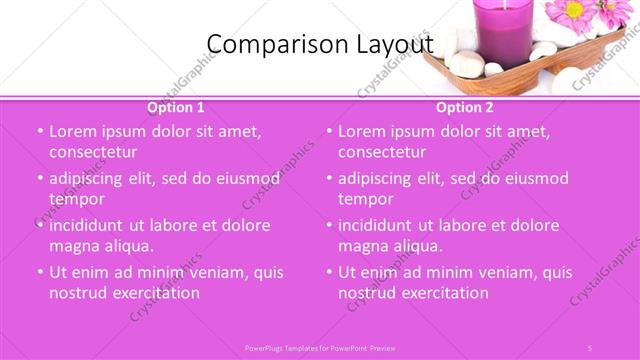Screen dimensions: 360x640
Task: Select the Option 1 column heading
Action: click(x=176, y=107)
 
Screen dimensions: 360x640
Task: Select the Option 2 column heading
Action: click(x=465, y=107)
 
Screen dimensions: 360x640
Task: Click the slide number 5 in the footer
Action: click(x=590, y=346)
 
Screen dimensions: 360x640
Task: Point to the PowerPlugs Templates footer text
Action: click(x=320, y=346)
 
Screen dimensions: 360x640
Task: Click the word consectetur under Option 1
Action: click(x=93, y=152)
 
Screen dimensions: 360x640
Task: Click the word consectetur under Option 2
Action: click(x=382, y=152)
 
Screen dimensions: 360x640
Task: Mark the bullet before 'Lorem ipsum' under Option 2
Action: click(x=328, y=132)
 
